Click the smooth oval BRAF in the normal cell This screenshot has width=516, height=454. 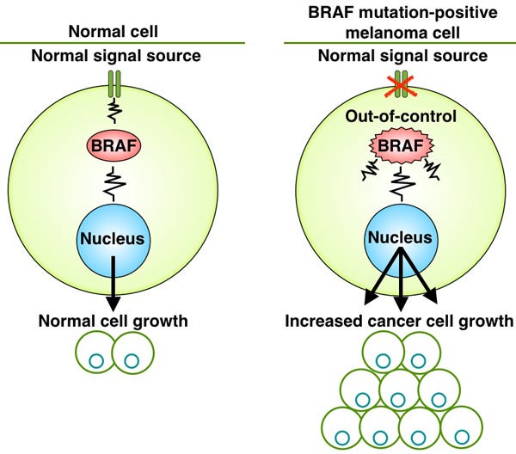pos(114,145)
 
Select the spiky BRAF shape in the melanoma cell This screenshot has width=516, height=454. pos(401,145)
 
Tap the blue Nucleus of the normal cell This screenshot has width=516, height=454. pos(113,241)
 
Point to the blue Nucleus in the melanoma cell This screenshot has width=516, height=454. pos(401,240)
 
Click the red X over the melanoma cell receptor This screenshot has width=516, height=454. pos(401,86)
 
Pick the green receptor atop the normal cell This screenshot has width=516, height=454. pos(114,84)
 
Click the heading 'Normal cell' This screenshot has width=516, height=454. pos(114,32)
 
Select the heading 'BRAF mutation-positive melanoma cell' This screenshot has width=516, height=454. pos(402,22)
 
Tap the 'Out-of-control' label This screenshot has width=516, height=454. pos(401,116)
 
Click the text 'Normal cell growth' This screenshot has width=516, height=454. pos(114,321)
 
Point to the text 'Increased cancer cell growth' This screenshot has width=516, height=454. pos(399,321)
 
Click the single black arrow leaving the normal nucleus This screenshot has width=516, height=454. pos(114,284)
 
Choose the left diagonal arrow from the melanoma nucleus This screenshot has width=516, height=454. pos(384,276)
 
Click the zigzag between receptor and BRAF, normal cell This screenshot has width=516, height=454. pos(114,111)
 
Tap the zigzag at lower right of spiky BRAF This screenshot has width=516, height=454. pos(432,169)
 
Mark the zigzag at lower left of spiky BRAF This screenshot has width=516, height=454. pos(370,169)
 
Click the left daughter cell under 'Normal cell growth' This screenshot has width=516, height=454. pos(95,353)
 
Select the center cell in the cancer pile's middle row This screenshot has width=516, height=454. pos(400,390)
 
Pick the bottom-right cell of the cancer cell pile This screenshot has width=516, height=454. pos(461,427)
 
